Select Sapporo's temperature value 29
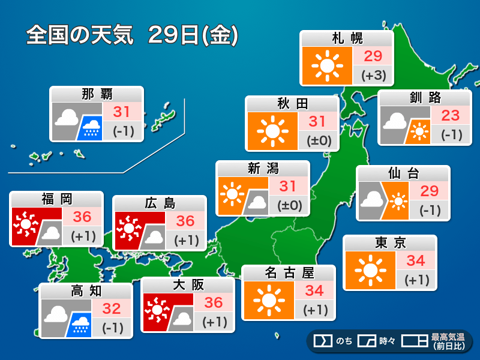[x=373, y=56]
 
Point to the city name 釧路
[x=424, y=98]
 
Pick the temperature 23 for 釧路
[x=450, y=115]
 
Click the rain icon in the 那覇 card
[x=92, y=127]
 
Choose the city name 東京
[x=390, y=243]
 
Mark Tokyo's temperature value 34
[x=416, y=260]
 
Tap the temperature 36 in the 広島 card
[x=185, y=221]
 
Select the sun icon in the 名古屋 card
[x=268, y=299]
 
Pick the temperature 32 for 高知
[x=112, y=309]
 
